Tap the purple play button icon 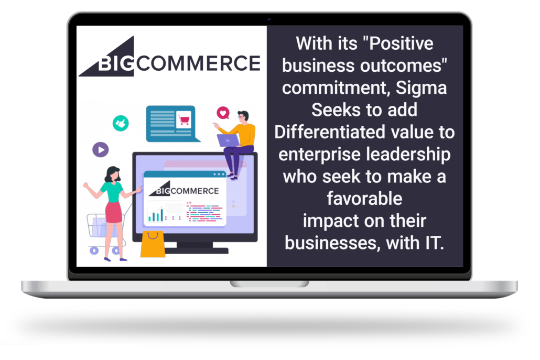[100, 150]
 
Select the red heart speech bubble [223, 113]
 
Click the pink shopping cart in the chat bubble [183, 119]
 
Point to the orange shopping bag [153, 244]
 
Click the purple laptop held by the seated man [228, 140]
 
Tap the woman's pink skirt [113, 211]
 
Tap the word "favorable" [364, 199]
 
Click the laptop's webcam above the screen [269, 20]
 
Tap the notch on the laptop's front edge [269, 284]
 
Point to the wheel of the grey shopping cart [94, 250]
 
